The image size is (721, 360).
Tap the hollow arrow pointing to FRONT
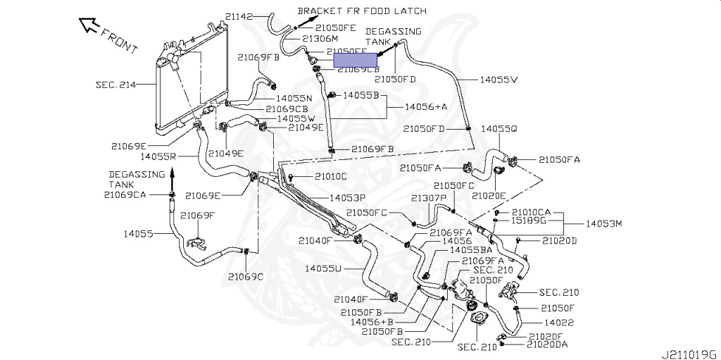click(90, 26)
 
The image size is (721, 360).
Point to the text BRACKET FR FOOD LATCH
click(362, 11)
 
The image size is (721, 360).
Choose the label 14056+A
click(426, 106)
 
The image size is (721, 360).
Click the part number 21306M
click(320, 38)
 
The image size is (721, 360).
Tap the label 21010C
click(331, 175)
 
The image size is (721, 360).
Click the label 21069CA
click(125, 194)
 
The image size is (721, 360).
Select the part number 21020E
click(489, 195)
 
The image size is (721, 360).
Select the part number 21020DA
click(547, 345)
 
